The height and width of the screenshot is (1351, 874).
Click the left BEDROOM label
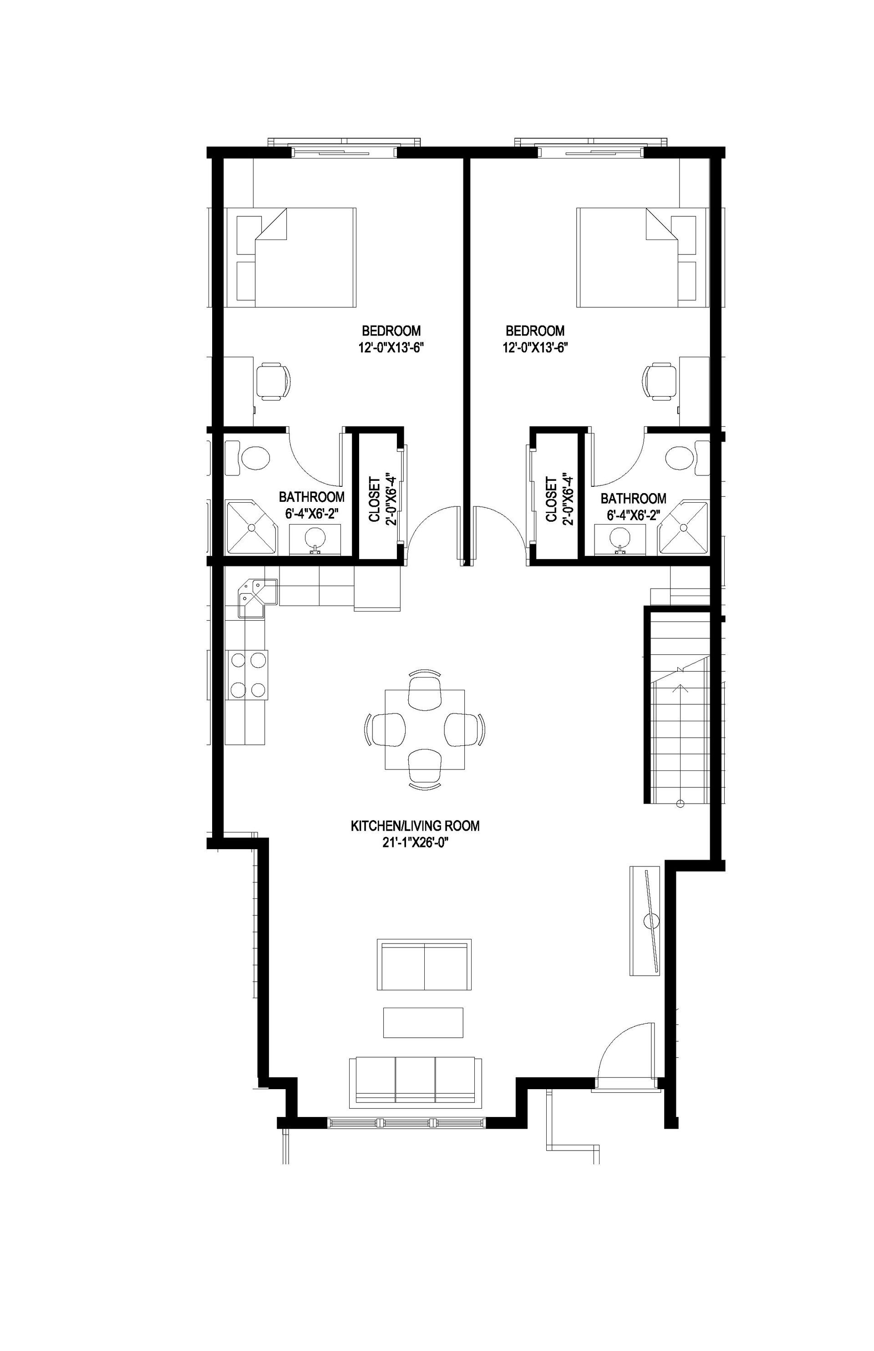[391, 331]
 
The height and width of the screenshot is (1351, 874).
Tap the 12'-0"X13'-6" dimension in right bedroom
[535, 348]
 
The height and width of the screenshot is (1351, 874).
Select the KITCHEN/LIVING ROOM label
[415, 826]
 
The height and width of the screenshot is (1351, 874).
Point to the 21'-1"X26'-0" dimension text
[412, 843]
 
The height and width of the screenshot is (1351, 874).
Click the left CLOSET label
[375, 499]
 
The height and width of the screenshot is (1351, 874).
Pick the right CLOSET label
[551, 499]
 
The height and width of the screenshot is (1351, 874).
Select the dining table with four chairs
[425, 729]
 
